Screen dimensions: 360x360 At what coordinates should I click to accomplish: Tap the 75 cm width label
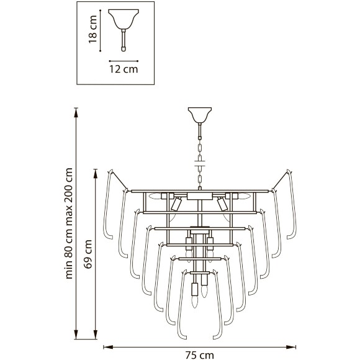pos(199,355)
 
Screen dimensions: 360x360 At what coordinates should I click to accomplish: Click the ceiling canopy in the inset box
pos(124,19)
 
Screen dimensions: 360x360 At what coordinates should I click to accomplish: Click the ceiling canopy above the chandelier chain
pos(200,115)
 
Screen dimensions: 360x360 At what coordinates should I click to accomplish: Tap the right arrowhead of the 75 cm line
pos(295,347)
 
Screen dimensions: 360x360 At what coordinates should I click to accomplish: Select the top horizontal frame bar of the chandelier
pos(199,191)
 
